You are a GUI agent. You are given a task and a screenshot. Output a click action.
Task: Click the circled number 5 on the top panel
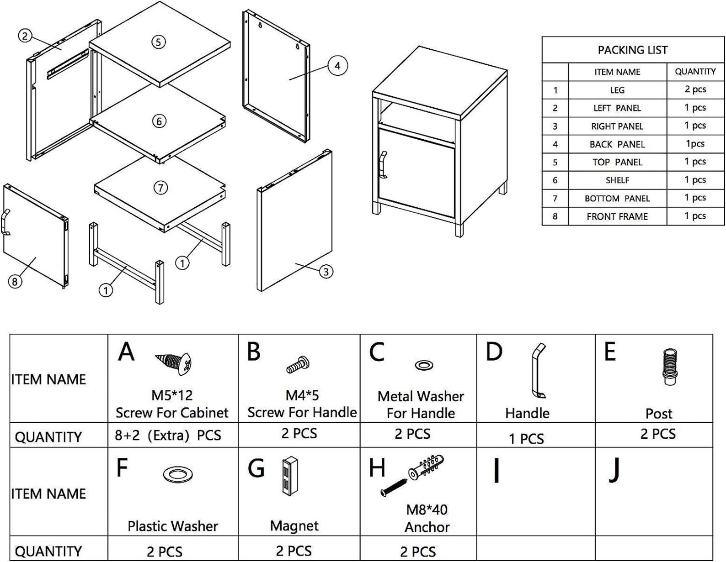point(158,42)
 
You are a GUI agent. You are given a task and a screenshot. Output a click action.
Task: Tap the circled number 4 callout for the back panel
point(337,66)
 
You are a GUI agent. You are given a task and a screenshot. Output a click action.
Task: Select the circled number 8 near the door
point(15,282)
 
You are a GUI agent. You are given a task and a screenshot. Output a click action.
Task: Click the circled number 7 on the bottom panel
point(160,188)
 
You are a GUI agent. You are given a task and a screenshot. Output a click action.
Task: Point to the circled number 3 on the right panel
point(326,272)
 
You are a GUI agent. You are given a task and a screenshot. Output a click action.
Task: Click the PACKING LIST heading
point(632,50)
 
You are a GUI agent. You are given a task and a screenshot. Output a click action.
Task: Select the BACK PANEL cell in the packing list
point(617,144)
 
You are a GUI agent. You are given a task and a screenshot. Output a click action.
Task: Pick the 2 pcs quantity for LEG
point(695,89)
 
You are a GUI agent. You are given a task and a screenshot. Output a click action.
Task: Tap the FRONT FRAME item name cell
point(617,216)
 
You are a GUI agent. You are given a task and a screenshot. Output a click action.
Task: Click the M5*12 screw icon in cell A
point(174,363)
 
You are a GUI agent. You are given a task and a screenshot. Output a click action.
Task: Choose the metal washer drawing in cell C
point(424,365)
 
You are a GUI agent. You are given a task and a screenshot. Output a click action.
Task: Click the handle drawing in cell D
point(538,371)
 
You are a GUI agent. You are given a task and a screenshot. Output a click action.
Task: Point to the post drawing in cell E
point(669,367)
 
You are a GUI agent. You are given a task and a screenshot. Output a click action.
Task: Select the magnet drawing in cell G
point(289,476)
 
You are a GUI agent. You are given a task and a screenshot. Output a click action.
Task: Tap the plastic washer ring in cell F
point(178,474)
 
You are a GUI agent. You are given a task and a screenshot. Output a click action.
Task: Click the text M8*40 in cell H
point(427,509)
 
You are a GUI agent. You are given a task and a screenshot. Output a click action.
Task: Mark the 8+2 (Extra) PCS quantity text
point(168,436)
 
